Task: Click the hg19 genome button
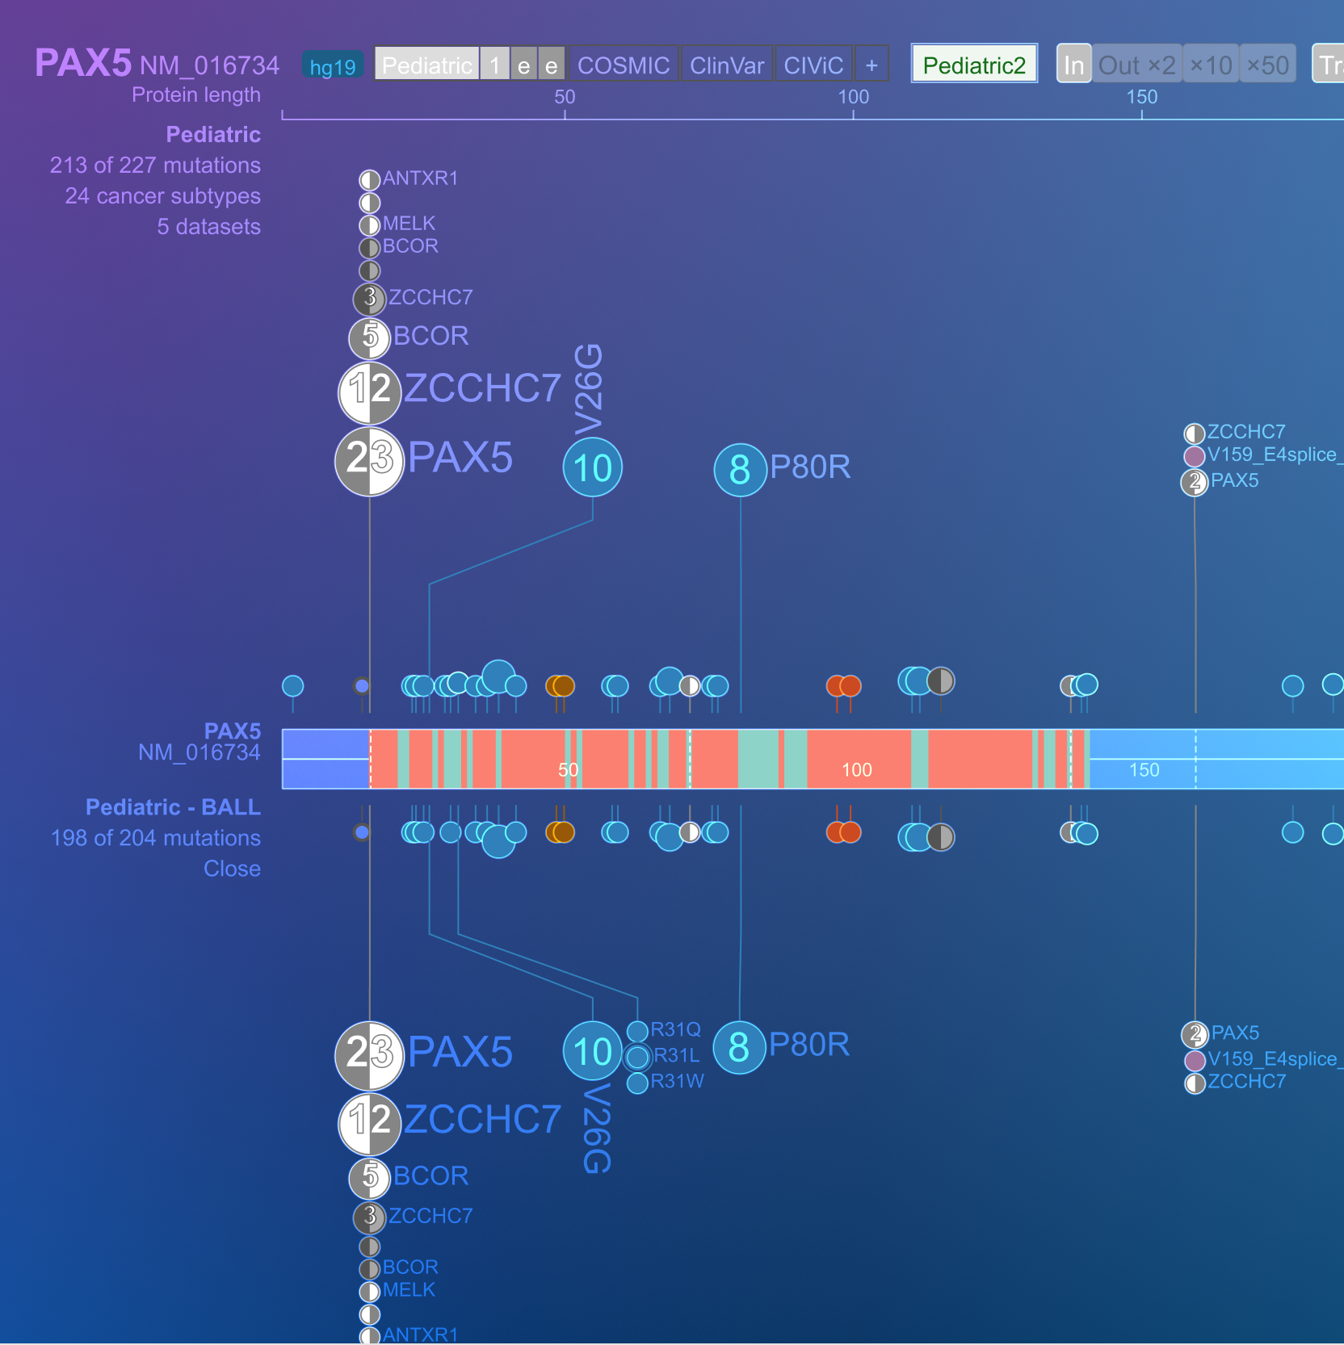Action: tap(333, 66)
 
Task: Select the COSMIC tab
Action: tap(623, 65)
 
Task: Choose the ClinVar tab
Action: tap(726, 65)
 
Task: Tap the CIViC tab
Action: tap(813, 65)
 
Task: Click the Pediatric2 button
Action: tap(974, 65)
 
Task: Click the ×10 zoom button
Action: tap(1211, 65)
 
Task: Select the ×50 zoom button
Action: tap(1267, 65)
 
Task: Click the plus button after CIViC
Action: tap(871, 65)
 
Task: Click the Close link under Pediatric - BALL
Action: tap(232, 869)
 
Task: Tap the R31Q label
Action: tap(675, 1029)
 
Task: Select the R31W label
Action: tap(677, 1081)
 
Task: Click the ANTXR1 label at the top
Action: tap(420, 178)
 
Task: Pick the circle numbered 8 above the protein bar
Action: tap(740, 470)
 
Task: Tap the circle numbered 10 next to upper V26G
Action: tap(592, 468)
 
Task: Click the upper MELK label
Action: tap(409, 224)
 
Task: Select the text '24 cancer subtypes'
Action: tap(162, 196)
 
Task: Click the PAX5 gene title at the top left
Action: tap(82, 63)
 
